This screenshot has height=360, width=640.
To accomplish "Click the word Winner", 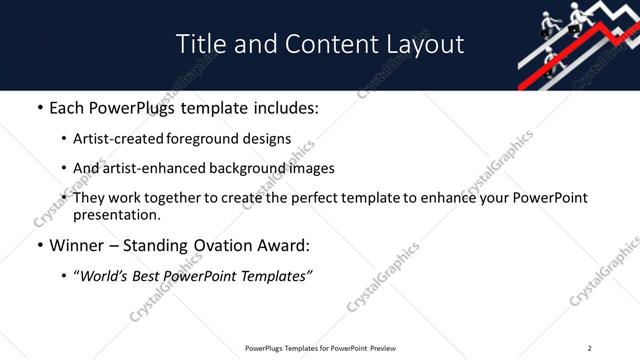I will click(77, 246).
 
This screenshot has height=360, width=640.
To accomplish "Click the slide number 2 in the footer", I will click(590, 348).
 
